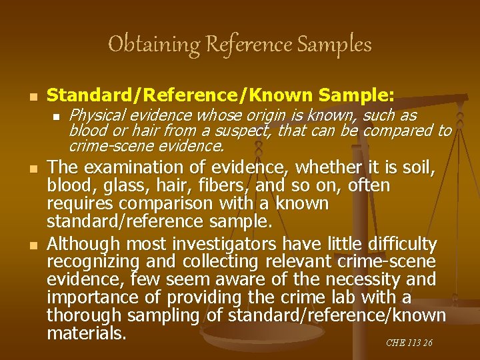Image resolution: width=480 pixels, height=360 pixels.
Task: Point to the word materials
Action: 87,331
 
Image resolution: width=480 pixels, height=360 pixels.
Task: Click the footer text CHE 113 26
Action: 409,343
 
